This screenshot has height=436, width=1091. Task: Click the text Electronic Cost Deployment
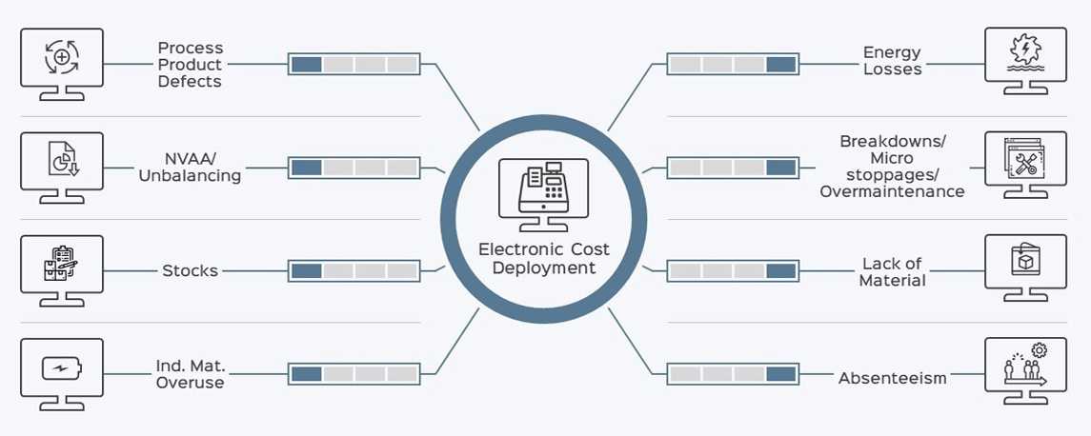[544, 259]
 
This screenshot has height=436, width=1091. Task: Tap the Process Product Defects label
[190, 65]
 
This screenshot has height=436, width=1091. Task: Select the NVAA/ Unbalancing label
[190, 168]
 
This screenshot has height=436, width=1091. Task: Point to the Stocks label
[190, 270]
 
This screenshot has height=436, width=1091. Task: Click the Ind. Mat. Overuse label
[190, 374]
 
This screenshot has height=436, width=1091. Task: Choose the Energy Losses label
[893, 61]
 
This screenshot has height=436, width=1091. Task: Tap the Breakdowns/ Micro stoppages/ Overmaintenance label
[892, 167]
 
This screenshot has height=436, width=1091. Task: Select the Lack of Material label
[893, 271]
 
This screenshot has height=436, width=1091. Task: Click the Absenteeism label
[893, 378]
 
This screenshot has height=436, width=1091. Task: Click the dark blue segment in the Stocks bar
[307, 271]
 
